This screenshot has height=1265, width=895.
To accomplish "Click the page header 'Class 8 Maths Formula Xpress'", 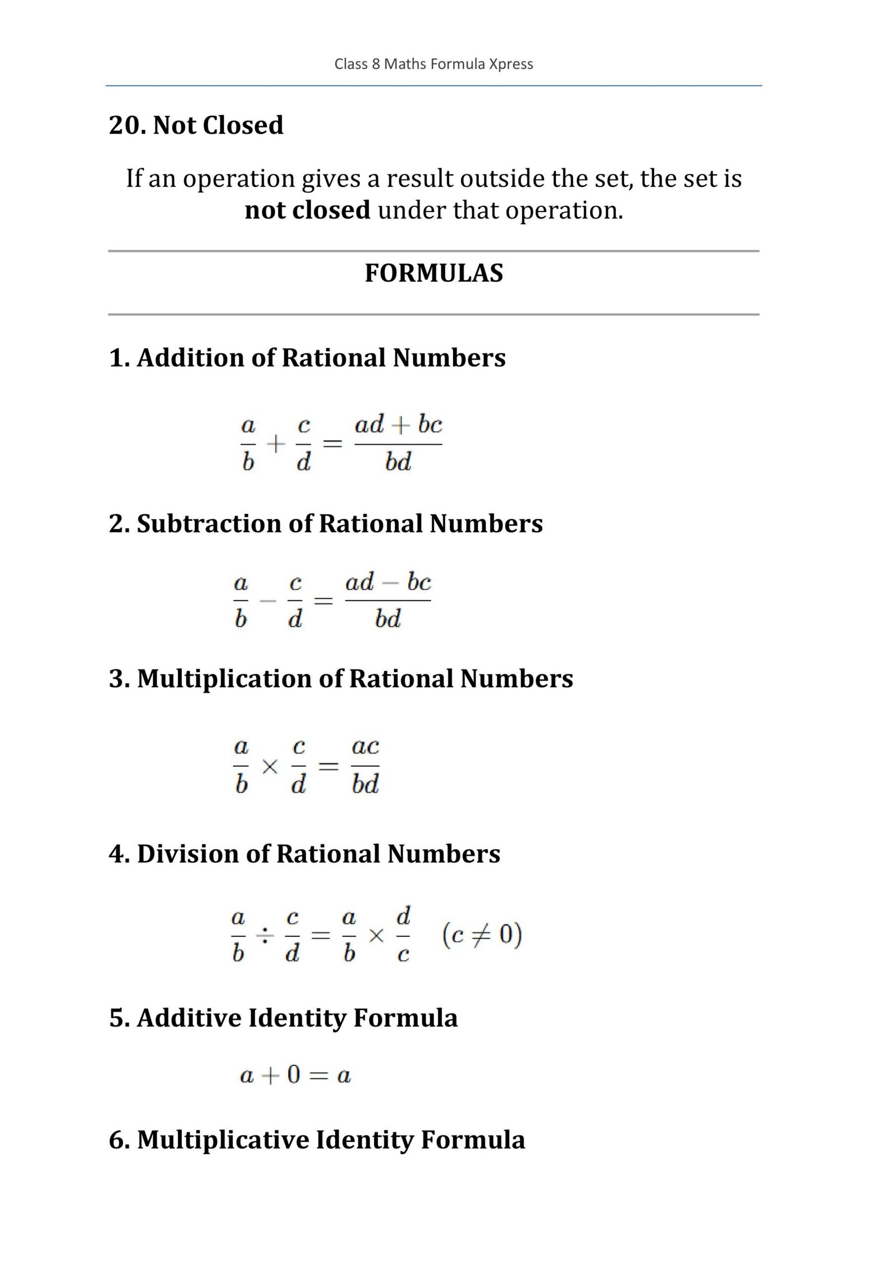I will (434, 64).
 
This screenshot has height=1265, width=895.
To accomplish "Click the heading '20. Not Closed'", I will (196, 125).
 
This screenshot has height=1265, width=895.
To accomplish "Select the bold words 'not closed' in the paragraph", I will (307, 210).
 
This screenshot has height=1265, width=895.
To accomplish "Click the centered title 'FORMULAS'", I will (434, 273).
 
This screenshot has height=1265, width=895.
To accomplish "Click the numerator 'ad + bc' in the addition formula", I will (398, 425).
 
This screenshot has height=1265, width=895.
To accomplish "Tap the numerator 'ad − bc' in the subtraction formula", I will (388, 583).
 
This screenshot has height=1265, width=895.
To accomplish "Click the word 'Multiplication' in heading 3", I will (224, 679).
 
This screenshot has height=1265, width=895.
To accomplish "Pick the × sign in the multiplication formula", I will (270, 766).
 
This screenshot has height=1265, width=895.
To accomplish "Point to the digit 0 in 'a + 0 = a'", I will (293, 1075).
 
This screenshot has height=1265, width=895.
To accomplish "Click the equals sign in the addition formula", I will (333, 445).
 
